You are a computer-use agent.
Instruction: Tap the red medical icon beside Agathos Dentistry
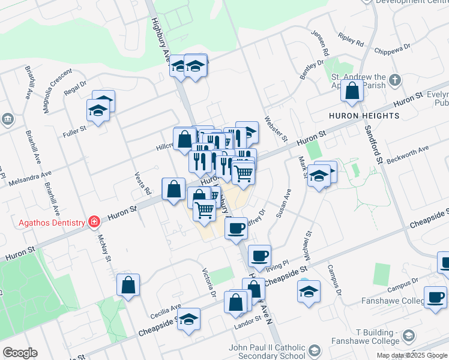coord(94,223)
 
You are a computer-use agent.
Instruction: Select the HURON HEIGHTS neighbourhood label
coord(364,115)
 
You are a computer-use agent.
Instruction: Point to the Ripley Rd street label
coord(351,41)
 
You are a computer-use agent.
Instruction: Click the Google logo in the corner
coord(20,353)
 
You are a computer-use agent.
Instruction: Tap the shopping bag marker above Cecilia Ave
coord(128,285)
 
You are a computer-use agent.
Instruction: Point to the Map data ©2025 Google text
coord(411,355)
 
